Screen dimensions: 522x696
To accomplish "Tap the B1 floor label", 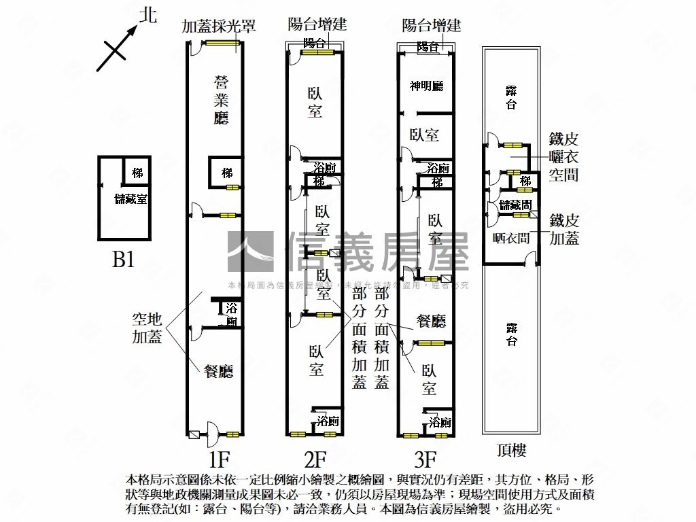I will pyautogui.click(x=123, y=260).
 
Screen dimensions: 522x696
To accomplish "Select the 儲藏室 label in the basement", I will pyautogui.click(x=132, y=199).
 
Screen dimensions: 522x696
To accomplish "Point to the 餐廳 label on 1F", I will pyautogui.click(x=219, y=371).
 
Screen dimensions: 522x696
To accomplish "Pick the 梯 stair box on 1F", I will pyautogui.click(x=227, y=173).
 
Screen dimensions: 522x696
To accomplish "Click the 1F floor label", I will pyautogui.click(x=213, y=459).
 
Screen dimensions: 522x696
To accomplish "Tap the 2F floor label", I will pyautogui.click(x=315, y=459).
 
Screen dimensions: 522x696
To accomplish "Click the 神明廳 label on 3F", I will pyautogui.click(x=427, y=86).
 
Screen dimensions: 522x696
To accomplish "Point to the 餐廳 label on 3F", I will pyautogui.click(x=432, y=321).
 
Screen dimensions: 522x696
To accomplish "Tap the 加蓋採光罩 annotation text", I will pyautogui.click(x=218, y=26).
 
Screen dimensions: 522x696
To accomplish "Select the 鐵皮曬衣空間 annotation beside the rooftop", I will pyautogui.click(x=563, y=156).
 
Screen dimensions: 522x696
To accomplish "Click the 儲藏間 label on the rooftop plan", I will pyautogui.click(x=515, y=204).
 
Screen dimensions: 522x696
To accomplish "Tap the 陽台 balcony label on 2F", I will pyautogui.click(x=314, y=43).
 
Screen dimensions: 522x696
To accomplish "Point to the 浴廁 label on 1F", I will pyautogui.click(x=232, y=315).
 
